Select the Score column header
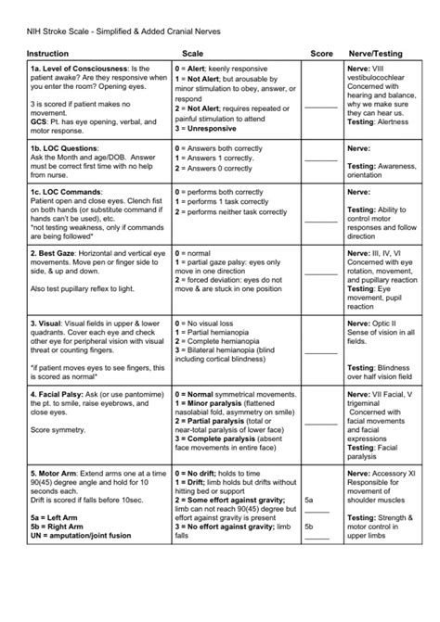point(321,54)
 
